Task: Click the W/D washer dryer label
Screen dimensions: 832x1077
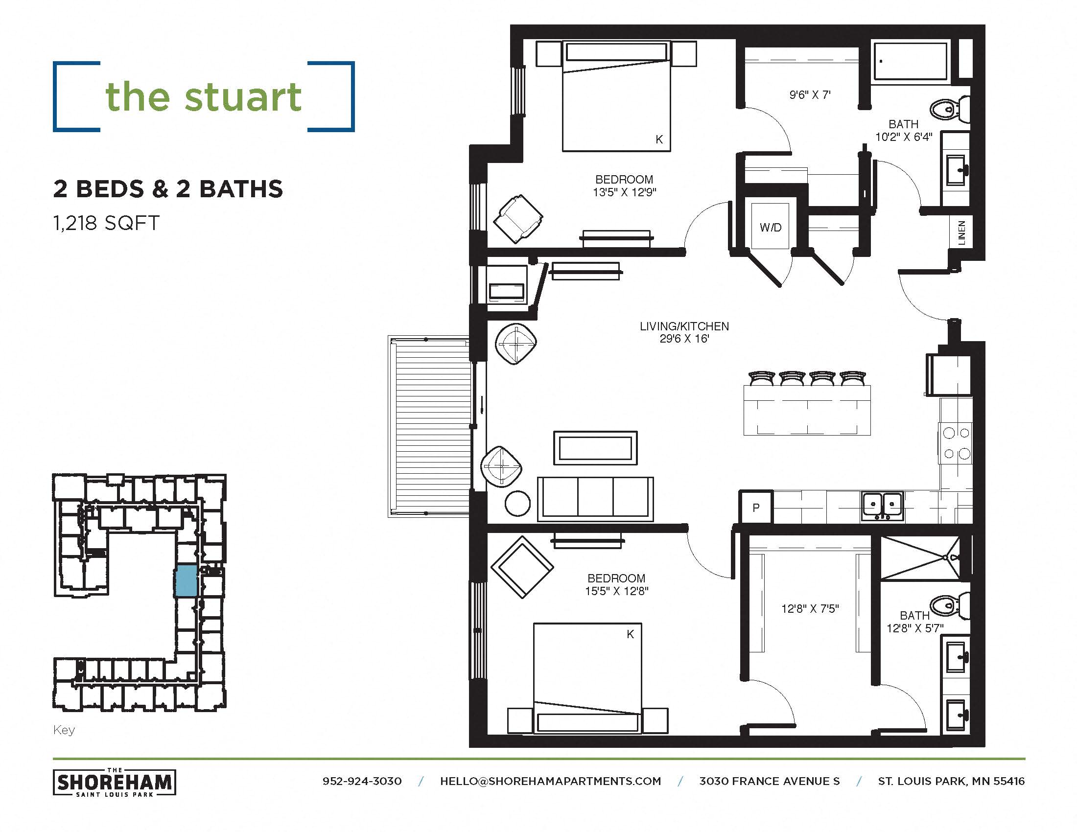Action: click(x=770, y=227)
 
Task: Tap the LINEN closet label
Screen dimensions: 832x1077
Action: click(x=961, y=232)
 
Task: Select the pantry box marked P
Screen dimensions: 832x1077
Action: click(x=755, y=507)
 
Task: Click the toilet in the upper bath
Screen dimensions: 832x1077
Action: click(x=949, y=109)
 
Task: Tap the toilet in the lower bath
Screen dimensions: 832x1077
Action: click(x=949, y=606)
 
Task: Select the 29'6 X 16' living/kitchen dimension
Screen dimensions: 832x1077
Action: click(x=684, y=339)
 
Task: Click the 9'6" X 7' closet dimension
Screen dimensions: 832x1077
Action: click(x=810, y=94)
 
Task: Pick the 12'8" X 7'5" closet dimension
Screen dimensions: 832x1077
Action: click(x=810, y=609)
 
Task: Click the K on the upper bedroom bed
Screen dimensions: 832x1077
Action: click(x=659, y=139)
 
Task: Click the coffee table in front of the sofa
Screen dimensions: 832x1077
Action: click(x=595, y=447)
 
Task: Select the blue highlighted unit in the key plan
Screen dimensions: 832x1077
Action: click(x=186, y=581)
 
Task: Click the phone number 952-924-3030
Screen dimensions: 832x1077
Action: click(x=362, y=781)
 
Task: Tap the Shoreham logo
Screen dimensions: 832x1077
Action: click(x=115, y=782)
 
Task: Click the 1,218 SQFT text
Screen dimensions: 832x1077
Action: click(x=107, y=223)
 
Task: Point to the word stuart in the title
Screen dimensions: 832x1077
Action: click(x=243, y=96)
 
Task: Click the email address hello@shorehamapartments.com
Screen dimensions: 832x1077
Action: click(x=550, y=781)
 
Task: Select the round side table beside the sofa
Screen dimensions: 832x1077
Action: click(x=517, y=503)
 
